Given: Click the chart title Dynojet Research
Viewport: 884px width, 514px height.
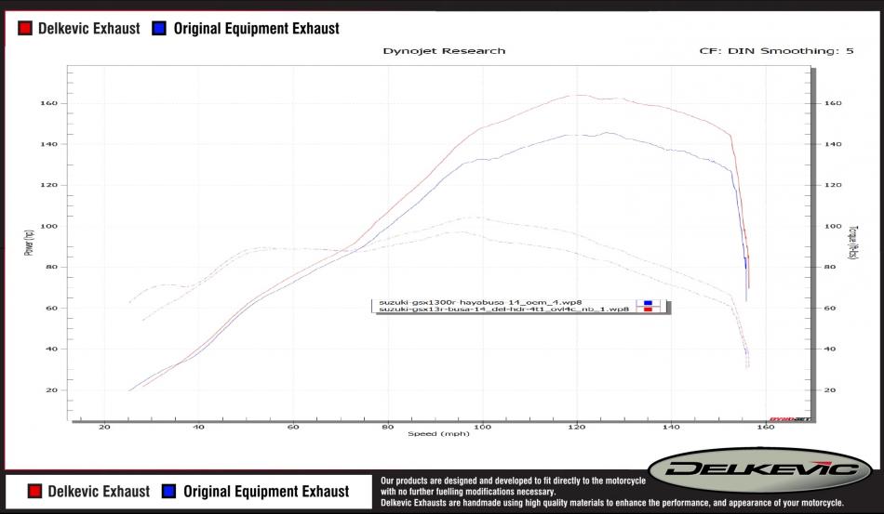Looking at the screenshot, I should [444, 50].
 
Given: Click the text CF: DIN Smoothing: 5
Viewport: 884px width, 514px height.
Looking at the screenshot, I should [776, 50].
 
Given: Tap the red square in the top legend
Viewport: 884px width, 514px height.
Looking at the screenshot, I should [25, 28].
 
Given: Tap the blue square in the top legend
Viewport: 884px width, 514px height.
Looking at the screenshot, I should [159, 28].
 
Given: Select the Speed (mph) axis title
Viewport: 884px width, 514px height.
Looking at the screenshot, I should [438, 433].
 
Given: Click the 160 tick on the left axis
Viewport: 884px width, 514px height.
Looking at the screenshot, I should [52, 103].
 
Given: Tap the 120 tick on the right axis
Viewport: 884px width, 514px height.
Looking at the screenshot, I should [834, 185].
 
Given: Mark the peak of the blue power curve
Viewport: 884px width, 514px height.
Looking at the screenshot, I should [607, 133].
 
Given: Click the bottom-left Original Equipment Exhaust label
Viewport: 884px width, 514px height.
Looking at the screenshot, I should [265, 491].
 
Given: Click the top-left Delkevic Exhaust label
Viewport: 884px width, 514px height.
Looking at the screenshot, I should [88, 28].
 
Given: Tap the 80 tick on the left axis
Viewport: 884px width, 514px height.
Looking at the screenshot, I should [54, 268].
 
